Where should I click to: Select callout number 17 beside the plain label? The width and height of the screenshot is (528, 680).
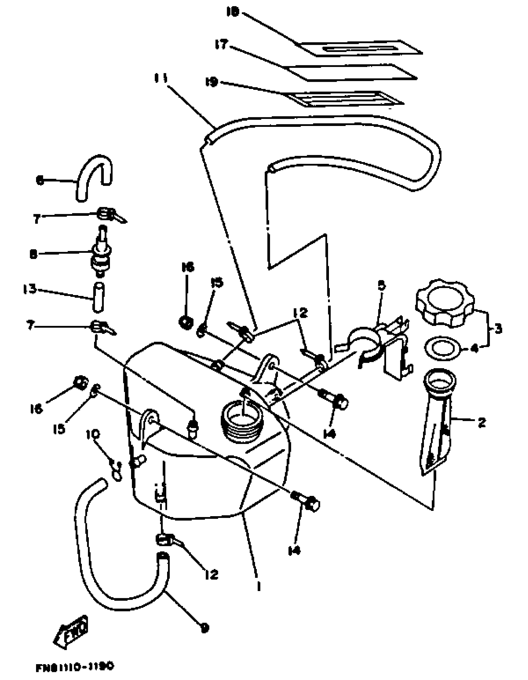(x=221, y=45)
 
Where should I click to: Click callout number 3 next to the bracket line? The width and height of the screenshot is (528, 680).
(x=498, y=329)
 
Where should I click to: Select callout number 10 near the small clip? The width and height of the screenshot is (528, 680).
(x=94, y=434)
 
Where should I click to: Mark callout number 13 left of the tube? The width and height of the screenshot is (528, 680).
(x=29, y=289)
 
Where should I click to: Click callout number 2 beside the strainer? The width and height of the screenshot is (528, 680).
(x=481, y=423)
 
